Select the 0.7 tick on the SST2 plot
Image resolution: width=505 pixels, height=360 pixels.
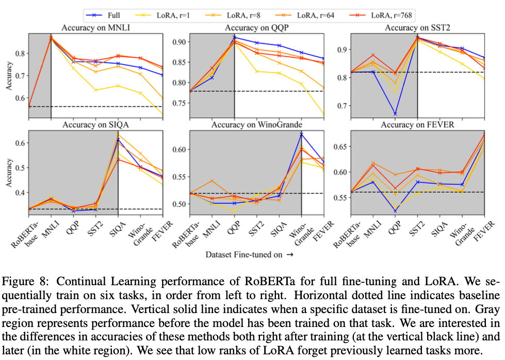point(340,106)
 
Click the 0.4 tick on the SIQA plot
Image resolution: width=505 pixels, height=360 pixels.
point(19,192)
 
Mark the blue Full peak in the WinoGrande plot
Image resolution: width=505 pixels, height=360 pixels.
point(301,135)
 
